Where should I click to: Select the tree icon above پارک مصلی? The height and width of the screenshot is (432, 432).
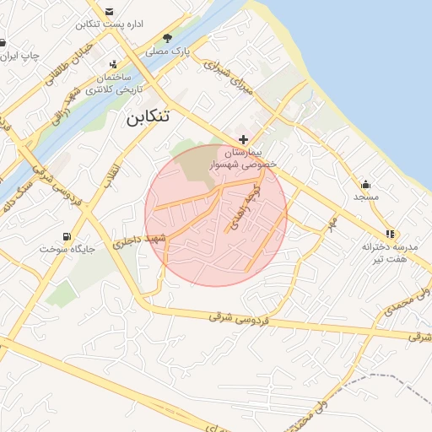click(167, 38)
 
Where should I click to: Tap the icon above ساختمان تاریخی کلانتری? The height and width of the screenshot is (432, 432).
click(114, 64)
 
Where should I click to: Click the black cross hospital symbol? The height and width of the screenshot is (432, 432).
click(244, 139)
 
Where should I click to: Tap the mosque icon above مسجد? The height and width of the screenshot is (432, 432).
click(365, 184)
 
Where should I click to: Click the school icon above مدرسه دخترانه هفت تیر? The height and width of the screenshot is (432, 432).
click(389, 234)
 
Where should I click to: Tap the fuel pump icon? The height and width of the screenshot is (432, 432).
click(67, 235)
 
